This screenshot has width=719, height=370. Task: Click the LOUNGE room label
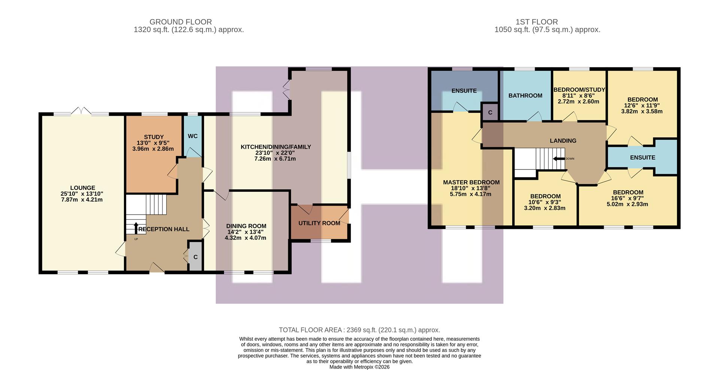pyautogui.click(x=82, y=188)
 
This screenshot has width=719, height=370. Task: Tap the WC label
pyautogui.click(x=192, y=136)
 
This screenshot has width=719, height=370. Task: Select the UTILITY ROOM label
pyautogui.click(x=319, y=223)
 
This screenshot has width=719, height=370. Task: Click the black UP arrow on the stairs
pyautogui.click(x=136, y=228)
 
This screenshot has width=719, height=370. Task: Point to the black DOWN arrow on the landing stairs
pyautogui.click(x=559, y=158)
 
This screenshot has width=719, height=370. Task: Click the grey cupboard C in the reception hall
pyautogui.click(x=195, y=257)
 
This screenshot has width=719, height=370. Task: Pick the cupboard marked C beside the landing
pyautogui.click(x=490, y=112)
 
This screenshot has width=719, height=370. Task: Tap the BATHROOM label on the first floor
pyautogui.click(x=525, y=95)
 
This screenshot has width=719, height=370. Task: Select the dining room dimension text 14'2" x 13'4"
pyautogui.click(x=246, y=232)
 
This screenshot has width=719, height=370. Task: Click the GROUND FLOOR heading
pyautogui.click(x=180, y=22)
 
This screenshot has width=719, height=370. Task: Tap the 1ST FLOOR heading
pyautogui.click(x=547, y=22)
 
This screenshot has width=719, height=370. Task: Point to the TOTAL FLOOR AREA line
pyautogui.click(x=359, y=330)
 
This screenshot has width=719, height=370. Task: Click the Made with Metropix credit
pyautogui.click(x=359, y=367)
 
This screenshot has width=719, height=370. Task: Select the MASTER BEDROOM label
pyautogui.click(x=471, y=182)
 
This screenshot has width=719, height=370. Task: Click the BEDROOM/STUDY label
pyautogui.click(x=579, y=90)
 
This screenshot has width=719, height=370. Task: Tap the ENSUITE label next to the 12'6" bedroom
pyautogui.click(x=642, y=157)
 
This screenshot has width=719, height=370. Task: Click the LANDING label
pyautogui.click(x=563, y=140)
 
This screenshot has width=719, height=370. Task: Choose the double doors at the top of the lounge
pyautogui.click(x=81, y=111)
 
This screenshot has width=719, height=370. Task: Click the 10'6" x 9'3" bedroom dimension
pyautogui.click(x=545, y=202)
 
